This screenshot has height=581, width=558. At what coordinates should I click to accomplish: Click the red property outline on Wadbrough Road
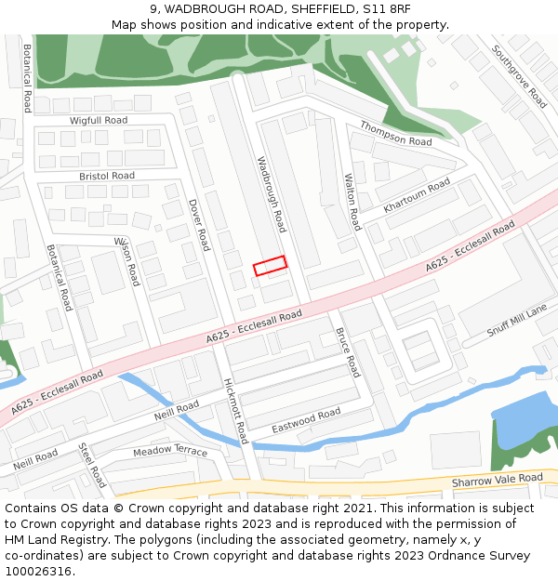[x=270, y=266]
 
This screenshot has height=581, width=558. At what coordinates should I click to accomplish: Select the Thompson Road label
[x=396, y=134]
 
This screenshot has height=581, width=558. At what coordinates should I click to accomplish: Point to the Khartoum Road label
[x=417, y=195]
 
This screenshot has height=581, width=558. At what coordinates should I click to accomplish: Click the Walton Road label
[x=352, y=202]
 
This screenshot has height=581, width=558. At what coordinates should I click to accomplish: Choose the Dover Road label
[x=199, y=224]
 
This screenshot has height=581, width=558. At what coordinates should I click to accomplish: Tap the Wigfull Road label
[x=99, y=121]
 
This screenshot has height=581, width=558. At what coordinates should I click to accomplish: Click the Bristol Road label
[x=107, y=176]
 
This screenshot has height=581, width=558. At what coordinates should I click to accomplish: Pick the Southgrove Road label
[x=520, y=76]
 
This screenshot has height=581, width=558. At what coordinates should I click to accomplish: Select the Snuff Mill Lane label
[x=518, y=322]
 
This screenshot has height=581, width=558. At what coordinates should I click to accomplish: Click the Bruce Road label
[x=346, y=351]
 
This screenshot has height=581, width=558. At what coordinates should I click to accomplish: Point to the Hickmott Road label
[x=235, y=410]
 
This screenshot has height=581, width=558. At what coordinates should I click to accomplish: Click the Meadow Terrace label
[x=170, y=452]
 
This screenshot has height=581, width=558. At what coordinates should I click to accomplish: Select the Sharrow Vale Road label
[x=497, y=480]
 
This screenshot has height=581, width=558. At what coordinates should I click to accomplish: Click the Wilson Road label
[x=126, y=260]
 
